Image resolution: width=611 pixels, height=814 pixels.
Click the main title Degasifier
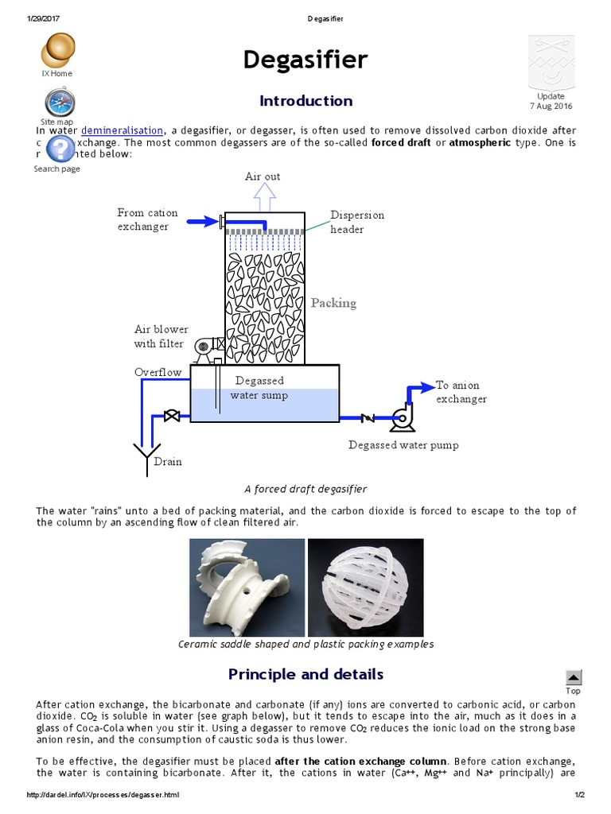[305, 60]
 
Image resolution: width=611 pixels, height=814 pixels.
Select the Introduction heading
[305, 101]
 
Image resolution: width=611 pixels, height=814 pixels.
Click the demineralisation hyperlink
[123, 130]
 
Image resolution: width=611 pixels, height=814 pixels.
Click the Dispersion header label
[356, 223]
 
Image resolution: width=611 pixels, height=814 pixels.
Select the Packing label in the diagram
[333, 303]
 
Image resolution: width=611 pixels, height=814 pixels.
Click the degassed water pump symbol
[401, 417]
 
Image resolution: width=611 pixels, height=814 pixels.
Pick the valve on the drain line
[169, 417]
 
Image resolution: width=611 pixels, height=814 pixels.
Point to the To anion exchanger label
[461, 392]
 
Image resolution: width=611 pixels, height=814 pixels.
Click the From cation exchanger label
[147, 219]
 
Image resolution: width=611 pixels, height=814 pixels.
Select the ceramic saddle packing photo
[247, 586]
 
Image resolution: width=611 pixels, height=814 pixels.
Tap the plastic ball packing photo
[365, 586]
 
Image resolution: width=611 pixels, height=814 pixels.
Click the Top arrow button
[573, 677]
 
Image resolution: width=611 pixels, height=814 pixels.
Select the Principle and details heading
[305, 674]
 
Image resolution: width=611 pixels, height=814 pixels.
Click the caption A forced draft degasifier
[305, 489]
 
